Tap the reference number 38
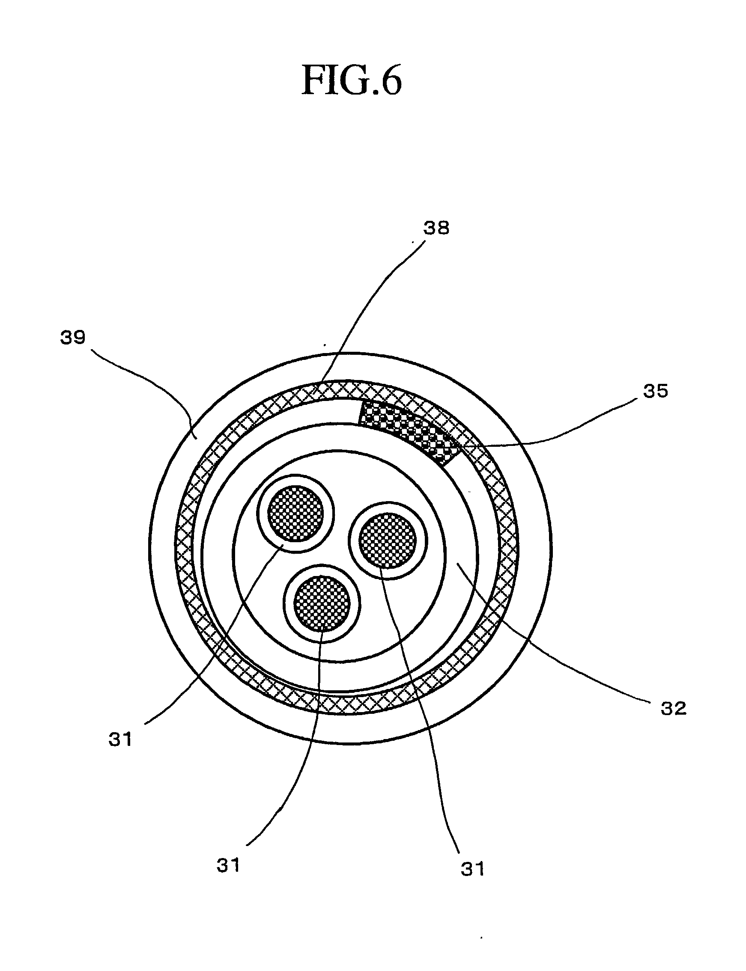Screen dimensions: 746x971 (436, 228)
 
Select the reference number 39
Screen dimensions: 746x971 (73, 338)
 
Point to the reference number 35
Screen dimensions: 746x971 (655, 392)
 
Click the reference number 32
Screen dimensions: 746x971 (673, 709)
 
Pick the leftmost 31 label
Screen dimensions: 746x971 (120, 740)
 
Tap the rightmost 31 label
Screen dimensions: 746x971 (472, 869)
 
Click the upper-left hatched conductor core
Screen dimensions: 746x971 (295, 513)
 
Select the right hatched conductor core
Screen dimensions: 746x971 (387, 540)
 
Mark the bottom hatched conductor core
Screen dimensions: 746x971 (322, 603)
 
